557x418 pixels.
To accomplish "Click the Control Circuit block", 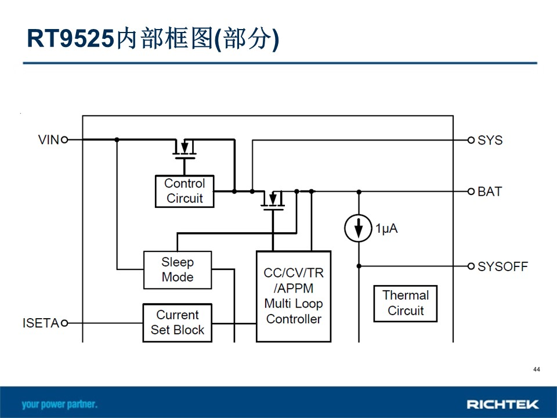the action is tap(185, 191).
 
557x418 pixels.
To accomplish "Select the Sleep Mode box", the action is tap(178, 270).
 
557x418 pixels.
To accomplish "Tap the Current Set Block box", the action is tap(178, 323).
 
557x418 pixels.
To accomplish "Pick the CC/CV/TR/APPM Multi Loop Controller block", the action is tap(294, 296).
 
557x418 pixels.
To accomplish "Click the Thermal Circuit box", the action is tap(406, 303).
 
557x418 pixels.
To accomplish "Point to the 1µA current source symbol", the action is tap(359, 228).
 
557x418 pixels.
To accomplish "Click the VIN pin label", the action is tap(49, 140).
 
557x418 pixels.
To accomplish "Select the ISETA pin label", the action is tap(41, 323).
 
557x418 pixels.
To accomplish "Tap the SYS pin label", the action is tap(490, 140).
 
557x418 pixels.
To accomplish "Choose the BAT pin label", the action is tap(490, 192).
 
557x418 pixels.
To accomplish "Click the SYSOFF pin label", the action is tap(502, 266).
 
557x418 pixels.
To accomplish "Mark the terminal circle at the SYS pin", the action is tap(471, 140).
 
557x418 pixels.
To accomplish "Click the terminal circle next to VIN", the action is tap(64, 140).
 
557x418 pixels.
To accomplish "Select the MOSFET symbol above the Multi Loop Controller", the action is tap(273, 201).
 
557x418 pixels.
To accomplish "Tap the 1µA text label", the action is tap(386, 228).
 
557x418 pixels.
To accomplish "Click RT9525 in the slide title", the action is tap(71, 38).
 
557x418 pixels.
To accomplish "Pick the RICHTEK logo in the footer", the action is tap(502, 404).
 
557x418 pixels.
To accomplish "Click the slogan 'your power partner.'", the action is tap(59, 404).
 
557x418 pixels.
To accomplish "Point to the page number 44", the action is tap(536, 369).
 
